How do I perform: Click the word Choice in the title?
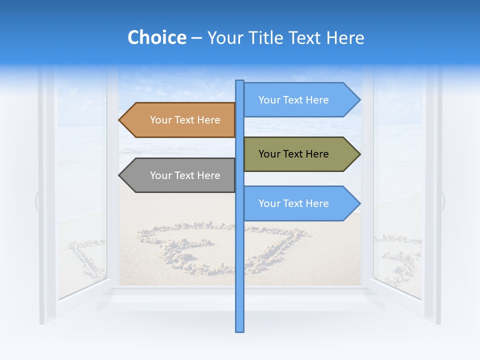tap(156, 38)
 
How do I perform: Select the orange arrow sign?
tap(180, 120)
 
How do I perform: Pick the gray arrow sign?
tap(180, 175)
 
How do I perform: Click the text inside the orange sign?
tap(185, 120)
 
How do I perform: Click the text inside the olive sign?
tap(293, 154)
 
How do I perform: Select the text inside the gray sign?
tap(185, 175)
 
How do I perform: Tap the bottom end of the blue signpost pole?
tap(239, 330)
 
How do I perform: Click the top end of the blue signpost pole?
tap(239, 82)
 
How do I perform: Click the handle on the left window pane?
tap(36, 200)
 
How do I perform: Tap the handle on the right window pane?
tap(443, 200)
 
